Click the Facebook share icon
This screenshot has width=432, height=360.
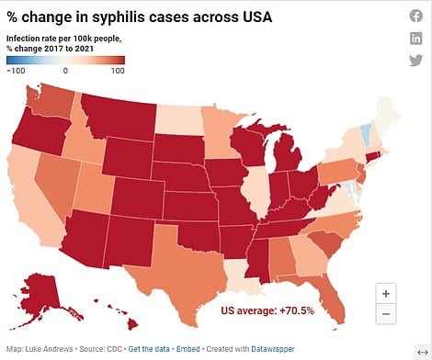[415, 17]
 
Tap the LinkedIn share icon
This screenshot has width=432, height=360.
[415, 38]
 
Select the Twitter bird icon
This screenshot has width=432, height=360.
[415, 60]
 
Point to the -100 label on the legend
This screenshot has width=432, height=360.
[16, 71]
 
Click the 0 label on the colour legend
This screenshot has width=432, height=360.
[65, 71]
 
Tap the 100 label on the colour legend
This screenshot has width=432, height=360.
[117, 71]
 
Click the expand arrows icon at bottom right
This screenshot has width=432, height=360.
[422, 349]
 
